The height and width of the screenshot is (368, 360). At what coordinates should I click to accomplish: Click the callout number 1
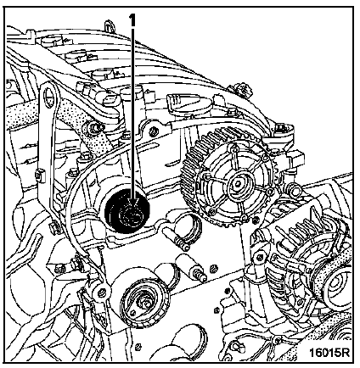coord(132,20)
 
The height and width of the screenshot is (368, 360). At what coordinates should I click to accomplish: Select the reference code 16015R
coord(329,352)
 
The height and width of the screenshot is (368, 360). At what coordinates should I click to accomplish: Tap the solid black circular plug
coord(127,212)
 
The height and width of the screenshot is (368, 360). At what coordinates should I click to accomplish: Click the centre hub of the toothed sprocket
coord(235,184)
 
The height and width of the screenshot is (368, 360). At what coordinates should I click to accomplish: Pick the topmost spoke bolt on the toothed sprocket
coord(233,148)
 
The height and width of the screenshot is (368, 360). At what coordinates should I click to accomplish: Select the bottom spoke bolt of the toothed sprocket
coord(244,217)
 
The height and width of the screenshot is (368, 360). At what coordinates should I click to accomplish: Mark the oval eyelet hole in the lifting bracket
coord(49,96)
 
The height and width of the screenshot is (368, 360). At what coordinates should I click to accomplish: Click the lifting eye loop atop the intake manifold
coord(109,25)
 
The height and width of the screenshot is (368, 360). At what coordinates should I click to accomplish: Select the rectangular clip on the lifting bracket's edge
coord(40,176)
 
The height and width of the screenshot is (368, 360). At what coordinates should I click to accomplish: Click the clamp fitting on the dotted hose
coord(93,127)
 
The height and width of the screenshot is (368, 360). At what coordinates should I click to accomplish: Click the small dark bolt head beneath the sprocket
coord(256,220)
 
